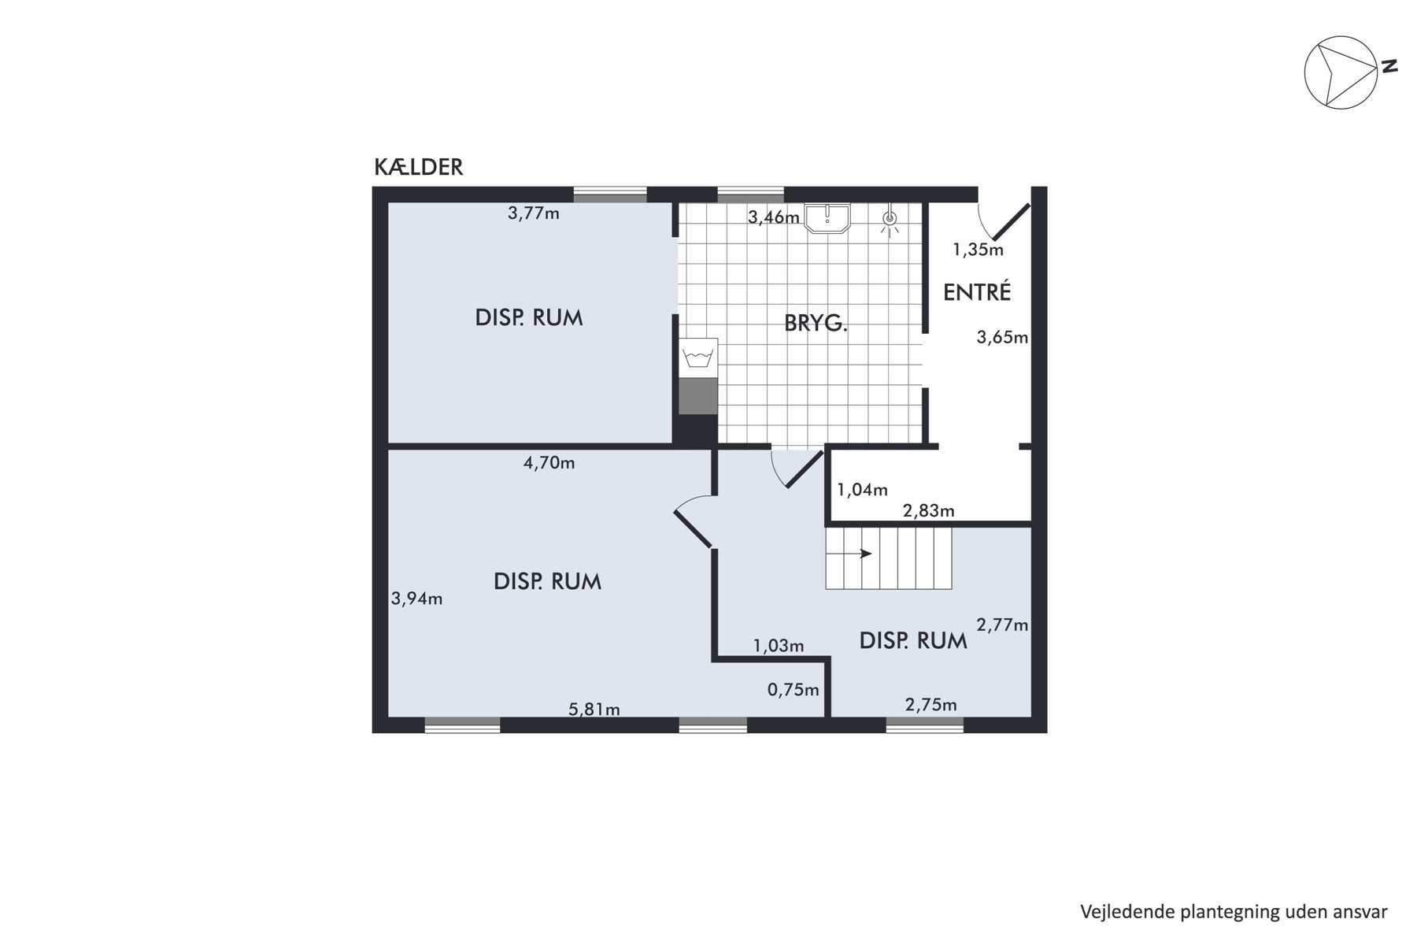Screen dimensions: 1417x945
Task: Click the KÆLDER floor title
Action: [418, 167]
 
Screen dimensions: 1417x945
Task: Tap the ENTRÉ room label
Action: [977, 292]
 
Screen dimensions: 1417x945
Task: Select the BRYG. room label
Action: [816, 323]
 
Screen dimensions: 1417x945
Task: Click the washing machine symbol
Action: [699, 358]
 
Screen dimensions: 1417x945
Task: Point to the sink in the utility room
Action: [827, 217]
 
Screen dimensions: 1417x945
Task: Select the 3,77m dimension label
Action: [534, 213]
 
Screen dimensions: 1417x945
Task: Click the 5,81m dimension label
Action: [594, 710]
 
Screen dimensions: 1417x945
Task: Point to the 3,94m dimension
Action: [417, 598]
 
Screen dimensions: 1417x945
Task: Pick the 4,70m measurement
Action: [549, 463]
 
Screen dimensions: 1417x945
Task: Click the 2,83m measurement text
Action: [929, 510]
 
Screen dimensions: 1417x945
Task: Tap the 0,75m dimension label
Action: [794, 690]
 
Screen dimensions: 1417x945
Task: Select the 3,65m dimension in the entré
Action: [1002, 338]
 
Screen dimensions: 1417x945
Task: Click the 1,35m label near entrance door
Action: [979, 250]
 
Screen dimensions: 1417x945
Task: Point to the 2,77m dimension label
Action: [1002, 625]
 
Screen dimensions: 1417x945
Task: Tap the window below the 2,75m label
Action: [925, 725]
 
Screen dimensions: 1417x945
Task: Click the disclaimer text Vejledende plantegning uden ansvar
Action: [1234, 912]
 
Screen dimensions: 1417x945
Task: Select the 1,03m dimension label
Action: [779, 647]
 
